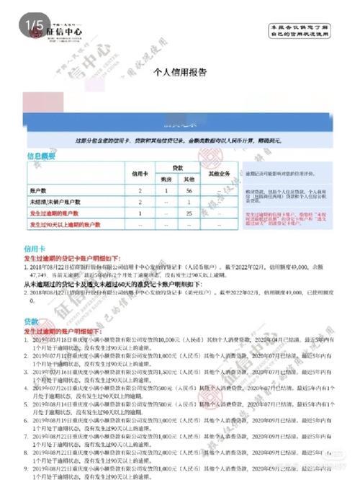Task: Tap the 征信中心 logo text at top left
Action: click(x=65, y=32)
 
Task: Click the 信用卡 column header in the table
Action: click(x=140, y=174)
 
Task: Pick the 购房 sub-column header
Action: click(x=166, y=179)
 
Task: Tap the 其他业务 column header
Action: click(x=218, y=174)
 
